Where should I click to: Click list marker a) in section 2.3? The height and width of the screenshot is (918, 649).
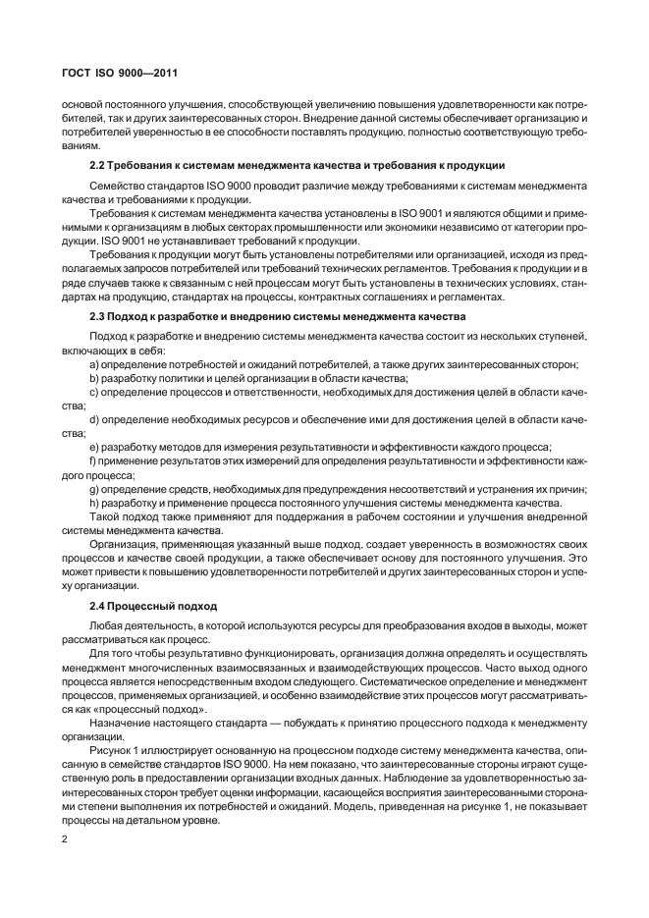click(x=93, y=364)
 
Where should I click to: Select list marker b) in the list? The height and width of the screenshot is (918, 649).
click(x=93, y=377)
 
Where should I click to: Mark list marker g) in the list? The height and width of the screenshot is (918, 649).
click(x=93, y=488)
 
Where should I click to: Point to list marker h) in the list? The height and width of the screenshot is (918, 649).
click(x=93, y=502)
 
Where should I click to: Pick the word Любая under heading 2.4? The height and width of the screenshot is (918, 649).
click(x=107, y=624)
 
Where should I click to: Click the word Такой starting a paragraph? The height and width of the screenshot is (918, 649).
click(x=105, y=515)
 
